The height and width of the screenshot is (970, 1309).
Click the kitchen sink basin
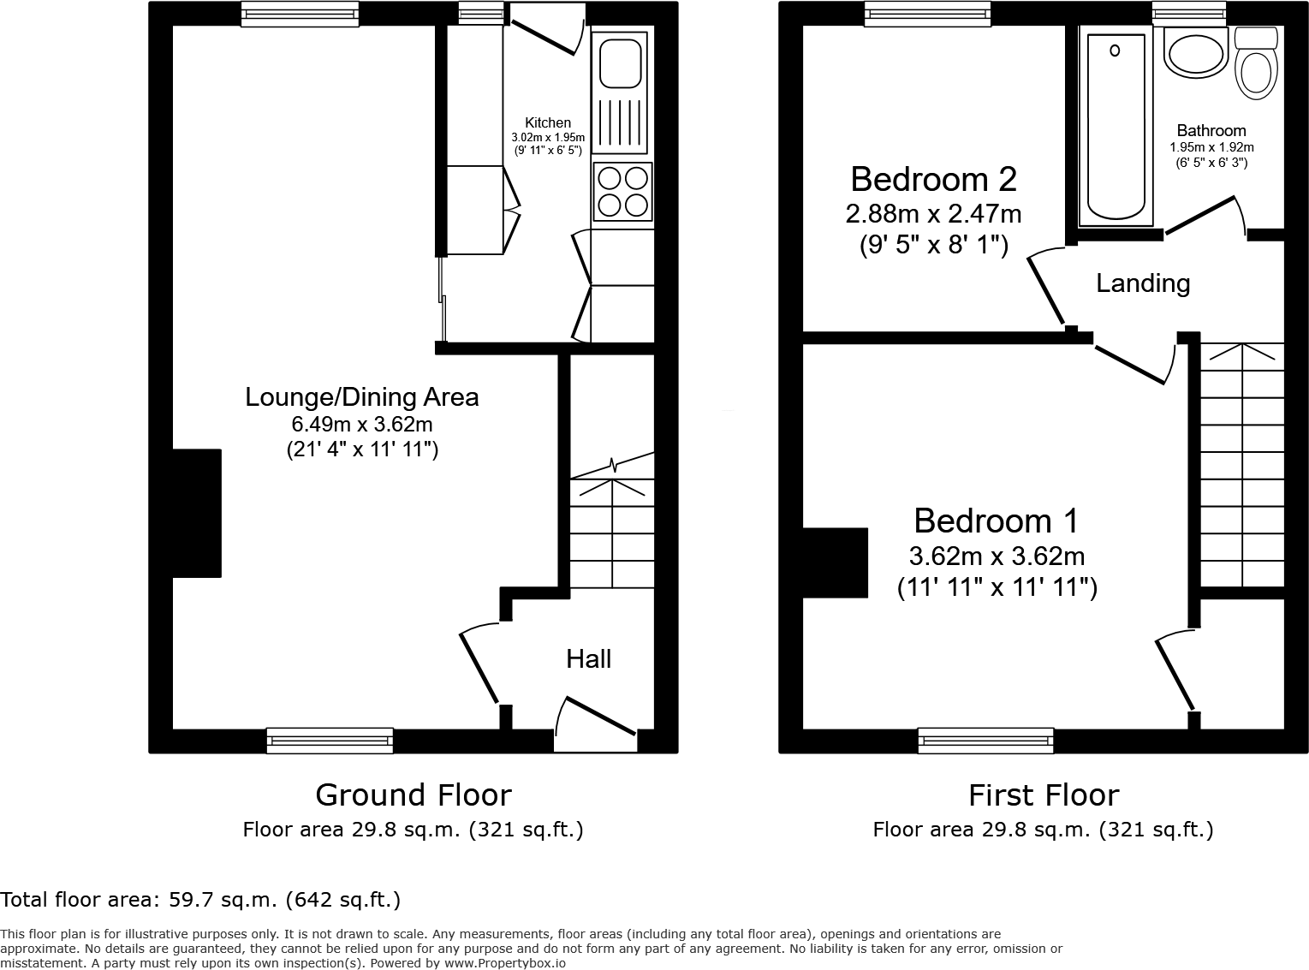(621, 62)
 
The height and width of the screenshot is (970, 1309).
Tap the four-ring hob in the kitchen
(622, 192)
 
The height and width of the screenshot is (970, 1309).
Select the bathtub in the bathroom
(1115, 126)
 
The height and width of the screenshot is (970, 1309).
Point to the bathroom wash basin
(1195, 53)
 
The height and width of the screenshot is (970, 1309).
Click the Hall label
(588, 658)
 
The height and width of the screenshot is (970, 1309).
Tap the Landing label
(1143, 283)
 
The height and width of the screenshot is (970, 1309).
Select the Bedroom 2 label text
(933, 179)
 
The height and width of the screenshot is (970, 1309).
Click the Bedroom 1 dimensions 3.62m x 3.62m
(997, 556)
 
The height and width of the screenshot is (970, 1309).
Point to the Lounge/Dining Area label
(361, 397)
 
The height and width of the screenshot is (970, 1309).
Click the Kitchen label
(548, 123)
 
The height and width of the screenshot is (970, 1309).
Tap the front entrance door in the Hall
(597, 717)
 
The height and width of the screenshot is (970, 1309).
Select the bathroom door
(1200, 214)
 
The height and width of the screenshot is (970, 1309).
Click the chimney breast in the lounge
(197, 513)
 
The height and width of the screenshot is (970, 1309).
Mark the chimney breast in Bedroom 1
(835, 562)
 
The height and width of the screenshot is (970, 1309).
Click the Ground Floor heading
(414, 795)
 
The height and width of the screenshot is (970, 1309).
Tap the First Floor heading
(1043, 795)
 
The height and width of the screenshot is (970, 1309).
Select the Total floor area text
(200, 900)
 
